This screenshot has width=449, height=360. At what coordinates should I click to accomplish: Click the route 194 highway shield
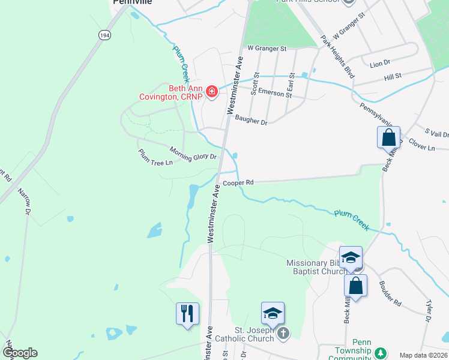(x=104, y=36)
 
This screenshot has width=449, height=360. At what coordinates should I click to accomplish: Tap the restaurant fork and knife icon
(x=187, y=313)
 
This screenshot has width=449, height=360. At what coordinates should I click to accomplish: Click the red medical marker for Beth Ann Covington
(x=211, y=92)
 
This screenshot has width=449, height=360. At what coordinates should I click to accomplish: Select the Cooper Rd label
(x=238, y=182)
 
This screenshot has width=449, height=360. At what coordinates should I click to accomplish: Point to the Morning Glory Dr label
(x=193, y=154)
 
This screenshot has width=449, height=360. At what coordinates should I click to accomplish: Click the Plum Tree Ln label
(x=155, y=158)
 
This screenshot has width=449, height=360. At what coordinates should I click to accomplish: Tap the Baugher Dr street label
(x=251, y=120)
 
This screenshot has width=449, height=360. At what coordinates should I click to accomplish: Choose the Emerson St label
(x=272, y=92)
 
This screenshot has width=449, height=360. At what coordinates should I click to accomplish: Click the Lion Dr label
(x=380, y=62)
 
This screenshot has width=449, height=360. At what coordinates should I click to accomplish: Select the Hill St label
(x=393, y=77)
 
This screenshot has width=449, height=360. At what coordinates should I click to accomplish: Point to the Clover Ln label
(x=423, y=145)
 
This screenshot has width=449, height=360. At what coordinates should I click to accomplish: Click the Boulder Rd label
(x=390, y=293)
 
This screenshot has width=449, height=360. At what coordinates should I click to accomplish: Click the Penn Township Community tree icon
(x=380, y=352)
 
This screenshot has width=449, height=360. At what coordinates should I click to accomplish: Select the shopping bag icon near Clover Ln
(x=388, y=137)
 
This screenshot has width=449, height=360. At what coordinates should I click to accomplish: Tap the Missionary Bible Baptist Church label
(x=316, y=267)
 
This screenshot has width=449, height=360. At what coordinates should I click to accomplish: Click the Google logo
(x=20, y=353)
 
